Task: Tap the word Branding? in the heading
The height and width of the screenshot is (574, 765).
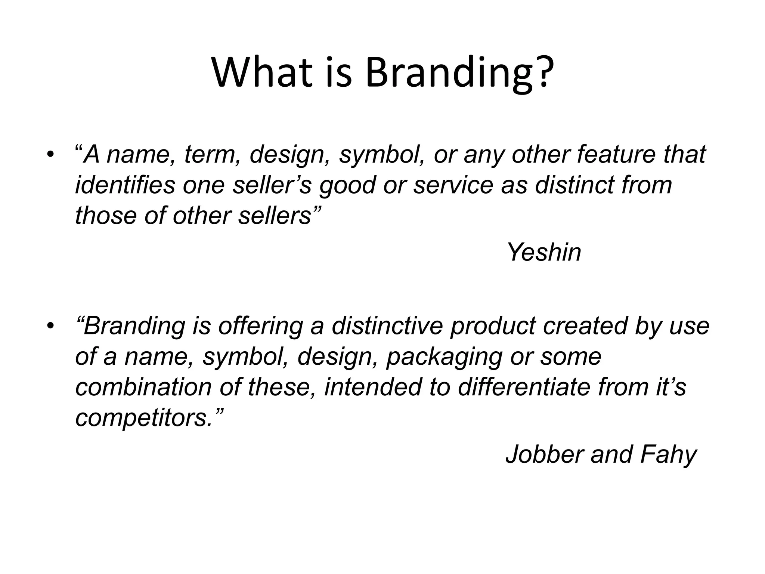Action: tap(459, 73)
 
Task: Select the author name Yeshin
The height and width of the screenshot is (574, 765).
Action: tap(544, 252)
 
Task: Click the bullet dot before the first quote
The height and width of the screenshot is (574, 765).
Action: tap(50, 154)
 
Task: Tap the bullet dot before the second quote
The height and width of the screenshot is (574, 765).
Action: tap(50, 325)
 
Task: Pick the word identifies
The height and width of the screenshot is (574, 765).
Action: tap(125, 185)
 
